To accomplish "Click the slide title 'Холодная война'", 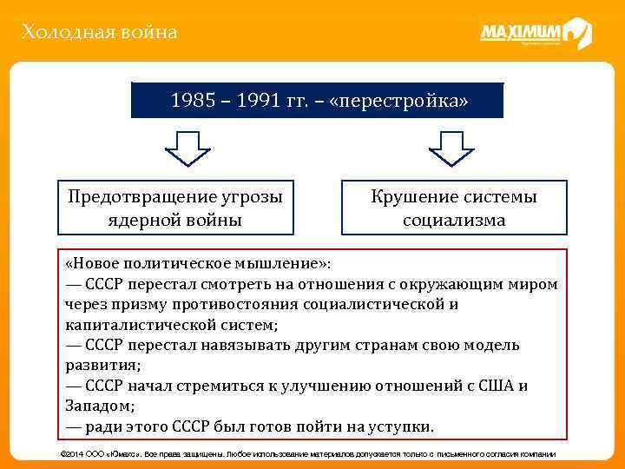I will (x=100, y=33).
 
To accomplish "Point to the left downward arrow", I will (x=187, y=149).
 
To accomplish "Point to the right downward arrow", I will (x=451, y=149).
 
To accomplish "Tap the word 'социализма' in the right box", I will (x=454, y=220).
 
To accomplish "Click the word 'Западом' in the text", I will (x=95, y=406).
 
